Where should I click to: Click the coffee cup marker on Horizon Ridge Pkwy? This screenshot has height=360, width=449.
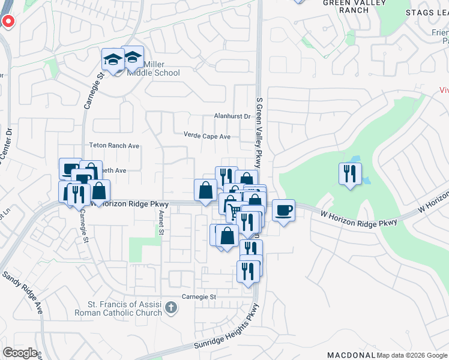(284, 211)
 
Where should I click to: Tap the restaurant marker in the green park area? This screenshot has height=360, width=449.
(349, 174)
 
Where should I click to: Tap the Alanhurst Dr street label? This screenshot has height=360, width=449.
(232, 116)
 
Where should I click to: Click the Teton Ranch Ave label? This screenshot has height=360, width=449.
(113, 146)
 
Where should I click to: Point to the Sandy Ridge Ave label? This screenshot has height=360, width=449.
(23, 293)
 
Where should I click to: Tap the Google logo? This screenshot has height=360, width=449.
(20, 353)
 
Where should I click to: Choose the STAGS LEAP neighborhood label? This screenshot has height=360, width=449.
(427, 13)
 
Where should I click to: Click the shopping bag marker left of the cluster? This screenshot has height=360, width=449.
(205, 190)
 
